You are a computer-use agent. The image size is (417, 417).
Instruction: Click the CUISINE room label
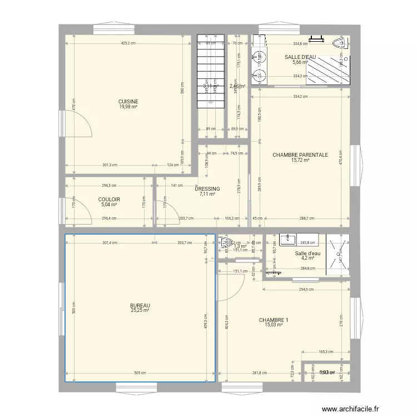coord(128,101)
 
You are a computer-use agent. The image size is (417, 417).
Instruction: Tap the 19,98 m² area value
coord(128,107)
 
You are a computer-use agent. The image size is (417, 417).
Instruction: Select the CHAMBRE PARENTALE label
coord(300,155)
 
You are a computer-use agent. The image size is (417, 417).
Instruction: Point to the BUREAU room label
coord(140,305)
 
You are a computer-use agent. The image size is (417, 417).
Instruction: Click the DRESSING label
coord(207,189)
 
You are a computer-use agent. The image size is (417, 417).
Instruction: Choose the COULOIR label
coord(110,200)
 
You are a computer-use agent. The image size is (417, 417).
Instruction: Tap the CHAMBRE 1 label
coord(274,320)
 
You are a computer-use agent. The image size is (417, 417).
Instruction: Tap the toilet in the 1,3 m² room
coord(226,242)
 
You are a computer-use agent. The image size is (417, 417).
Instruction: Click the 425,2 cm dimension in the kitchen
coord(125,43)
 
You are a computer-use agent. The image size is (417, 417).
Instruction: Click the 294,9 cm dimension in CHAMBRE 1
coord(307,290)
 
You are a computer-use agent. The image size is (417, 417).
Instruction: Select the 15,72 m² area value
coord(300,161)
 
